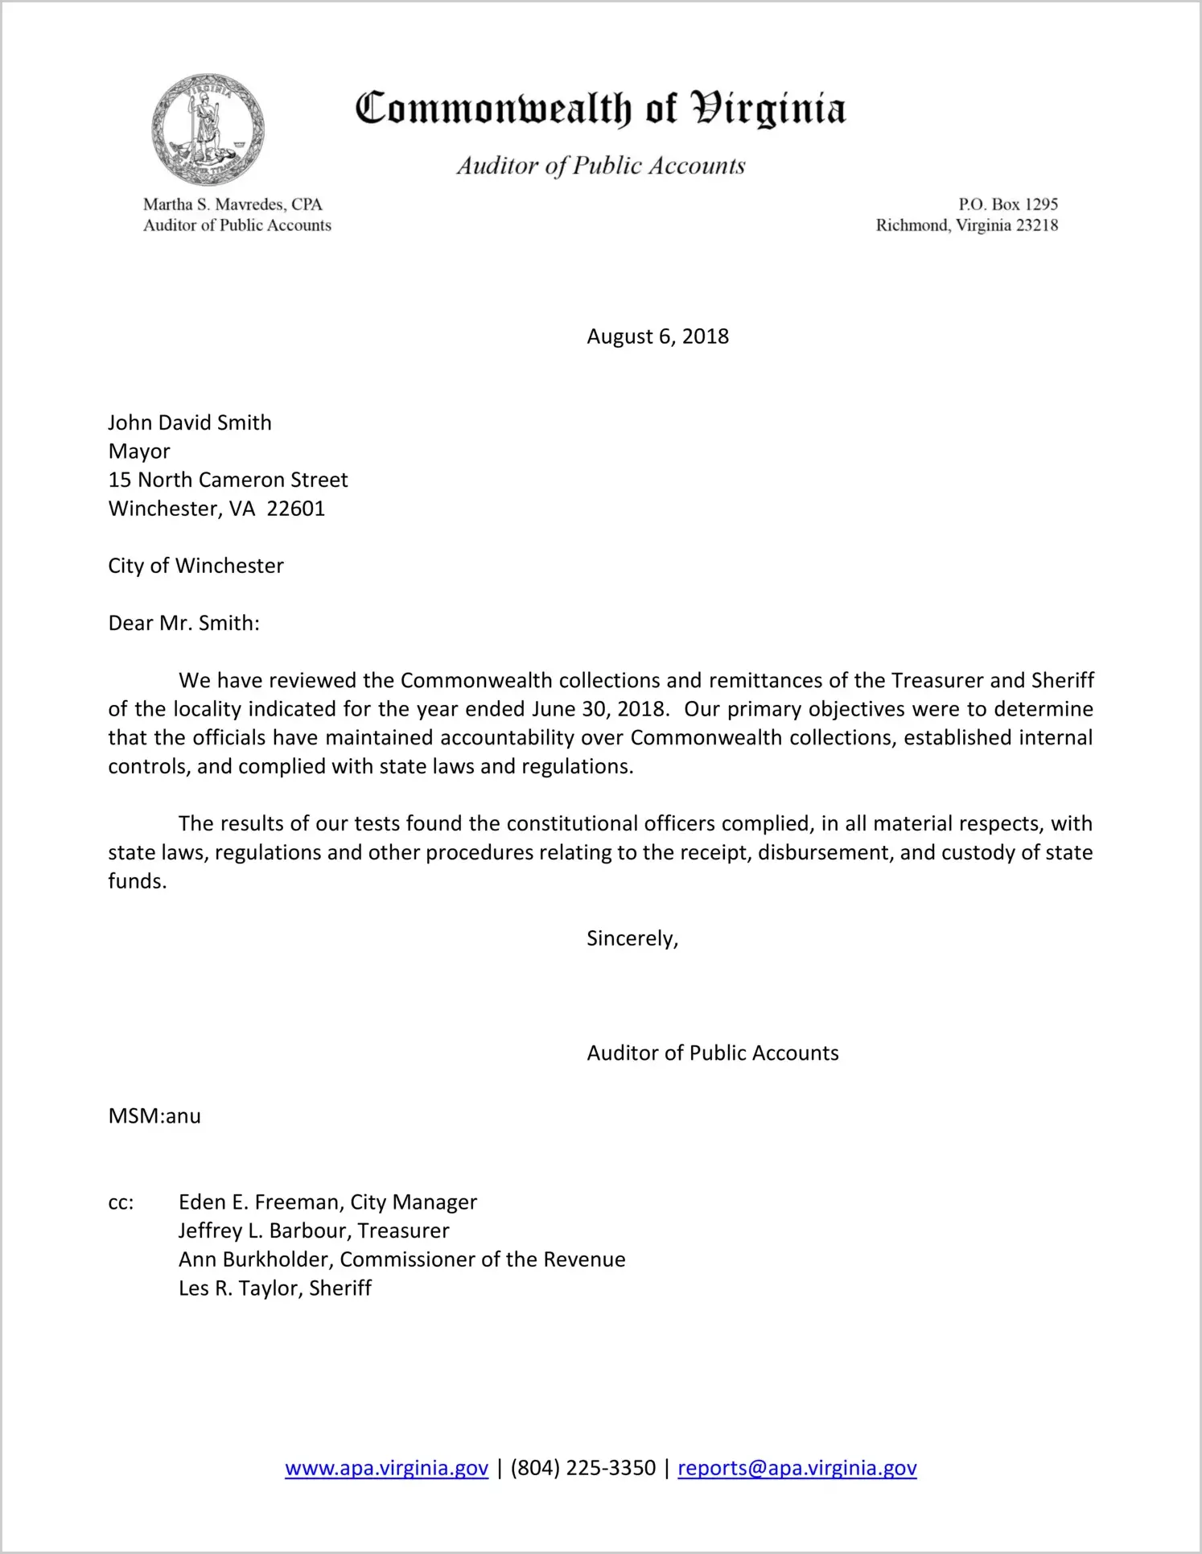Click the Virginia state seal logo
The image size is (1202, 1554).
(208, 129)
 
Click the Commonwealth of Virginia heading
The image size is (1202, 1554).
(600, 109)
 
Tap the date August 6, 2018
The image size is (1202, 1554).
(657, 336)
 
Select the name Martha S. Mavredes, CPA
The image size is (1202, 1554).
(233, 204)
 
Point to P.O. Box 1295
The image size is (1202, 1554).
(1007, 204)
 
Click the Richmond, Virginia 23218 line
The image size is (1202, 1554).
(966, 225)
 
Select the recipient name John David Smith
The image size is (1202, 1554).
(190, 423)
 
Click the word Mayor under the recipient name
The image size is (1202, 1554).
(139, 451)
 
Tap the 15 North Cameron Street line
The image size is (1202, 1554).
(228, 480)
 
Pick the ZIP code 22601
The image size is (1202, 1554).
(295, 509)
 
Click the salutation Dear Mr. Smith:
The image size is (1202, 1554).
(183, 623)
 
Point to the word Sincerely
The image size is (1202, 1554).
(632, 938)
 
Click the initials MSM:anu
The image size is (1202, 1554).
(154, 1116)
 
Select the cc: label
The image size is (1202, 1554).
(121, 1202)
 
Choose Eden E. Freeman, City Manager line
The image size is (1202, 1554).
(327, 1202)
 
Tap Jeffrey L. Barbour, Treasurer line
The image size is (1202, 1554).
(314, 1230)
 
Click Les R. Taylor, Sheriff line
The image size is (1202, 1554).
(275, 1288)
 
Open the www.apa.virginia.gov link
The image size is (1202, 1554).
(386, 1468)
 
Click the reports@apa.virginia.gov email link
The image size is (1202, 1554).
(797, 1468)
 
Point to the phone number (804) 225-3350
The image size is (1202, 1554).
(582, 1468)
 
